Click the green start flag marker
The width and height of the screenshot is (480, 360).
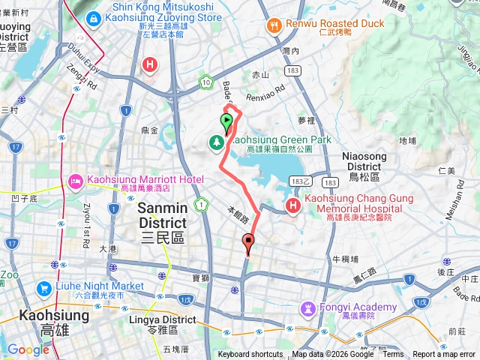(226, 121)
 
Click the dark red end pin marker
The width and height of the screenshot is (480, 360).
(248, 242)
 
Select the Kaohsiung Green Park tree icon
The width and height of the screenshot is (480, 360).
(217, 141)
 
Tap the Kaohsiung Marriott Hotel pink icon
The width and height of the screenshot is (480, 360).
(76, 181)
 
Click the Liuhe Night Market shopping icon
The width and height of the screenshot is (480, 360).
(43, 287)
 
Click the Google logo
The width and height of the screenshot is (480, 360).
(28, 349)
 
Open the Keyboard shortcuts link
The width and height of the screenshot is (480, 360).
(250, 355)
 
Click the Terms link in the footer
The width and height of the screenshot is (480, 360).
(392, 355)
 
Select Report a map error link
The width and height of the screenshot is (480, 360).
(445, 355)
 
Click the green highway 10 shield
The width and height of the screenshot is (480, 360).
(205, 81)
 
